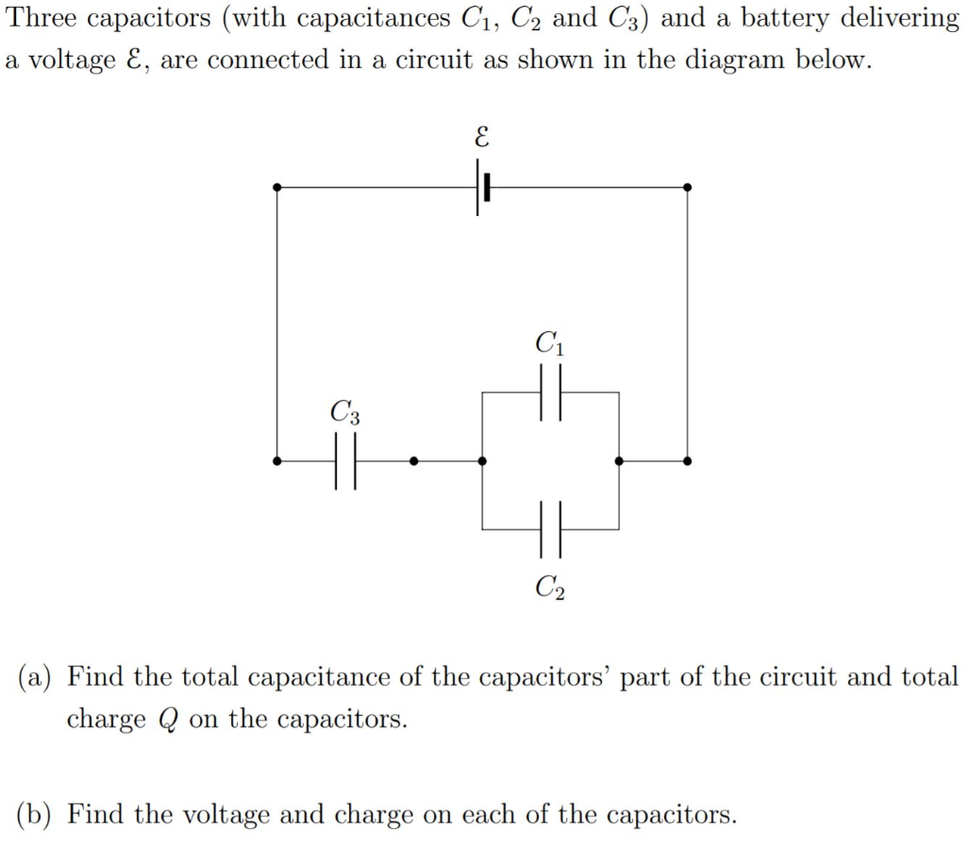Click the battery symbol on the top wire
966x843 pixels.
483,188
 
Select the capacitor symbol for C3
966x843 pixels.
346,461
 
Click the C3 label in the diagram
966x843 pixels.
344,412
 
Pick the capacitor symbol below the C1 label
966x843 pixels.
551,391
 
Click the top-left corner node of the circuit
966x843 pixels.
276,188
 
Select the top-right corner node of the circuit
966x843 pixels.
687,188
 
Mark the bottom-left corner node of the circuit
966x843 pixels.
276,461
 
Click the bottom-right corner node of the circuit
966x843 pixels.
687,461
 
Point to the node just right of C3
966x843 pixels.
414,461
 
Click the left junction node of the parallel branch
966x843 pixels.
482,461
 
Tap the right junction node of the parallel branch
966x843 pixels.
619,461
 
